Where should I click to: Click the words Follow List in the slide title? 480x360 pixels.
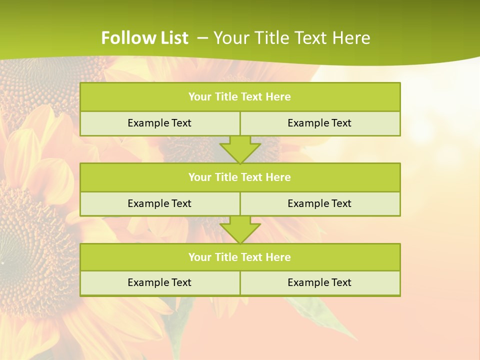click(x=144, y=38)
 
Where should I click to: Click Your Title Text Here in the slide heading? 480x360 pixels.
click(x=291, y=38)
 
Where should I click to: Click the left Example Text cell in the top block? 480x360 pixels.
click(x=159, y=123)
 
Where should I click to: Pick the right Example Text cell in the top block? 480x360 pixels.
click(x=319, y=123)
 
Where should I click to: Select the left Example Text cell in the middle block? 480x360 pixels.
click(x=159, y=203)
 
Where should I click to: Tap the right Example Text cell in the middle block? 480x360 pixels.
click(x=319, y=203)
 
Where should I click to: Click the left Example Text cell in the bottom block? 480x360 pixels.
click(x=159, y=282)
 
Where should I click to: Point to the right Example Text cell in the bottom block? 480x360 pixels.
click(x=319, y=282)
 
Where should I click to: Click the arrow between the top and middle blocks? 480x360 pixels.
click(x=240, y=149)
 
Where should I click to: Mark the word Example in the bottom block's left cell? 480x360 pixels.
click(x=147, y=282)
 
